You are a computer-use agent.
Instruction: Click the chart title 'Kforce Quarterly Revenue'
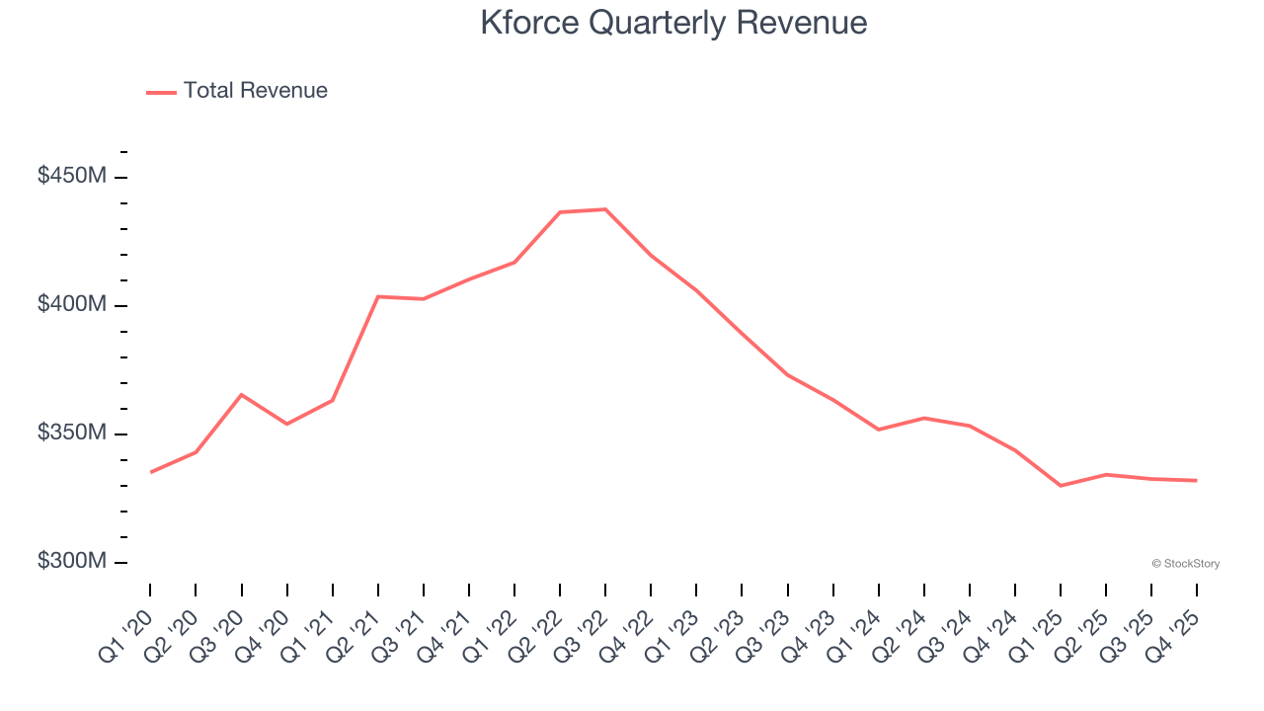[673, 23]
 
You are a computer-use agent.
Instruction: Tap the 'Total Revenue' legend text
[255, 91]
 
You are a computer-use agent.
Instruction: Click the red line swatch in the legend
[161, 92]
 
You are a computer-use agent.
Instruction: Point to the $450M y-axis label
[72, 176]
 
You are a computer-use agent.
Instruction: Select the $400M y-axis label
[72, 304]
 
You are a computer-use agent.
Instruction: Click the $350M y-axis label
[72, 433]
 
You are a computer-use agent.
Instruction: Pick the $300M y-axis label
[72, 561]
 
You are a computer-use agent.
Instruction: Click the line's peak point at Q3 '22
[605, 209]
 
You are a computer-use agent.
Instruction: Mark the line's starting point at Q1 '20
[150, 472]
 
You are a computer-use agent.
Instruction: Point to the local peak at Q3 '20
[242, 395]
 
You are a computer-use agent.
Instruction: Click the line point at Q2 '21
[378, 296]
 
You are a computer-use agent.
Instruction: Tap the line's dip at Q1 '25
[1061, 486]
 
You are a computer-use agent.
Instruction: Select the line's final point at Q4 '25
[1197, 481]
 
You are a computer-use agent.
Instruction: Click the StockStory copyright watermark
[1185, 564]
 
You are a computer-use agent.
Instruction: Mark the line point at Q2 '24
[924, 418]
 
